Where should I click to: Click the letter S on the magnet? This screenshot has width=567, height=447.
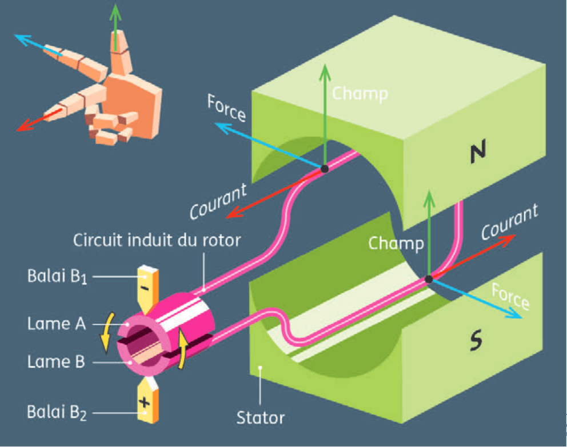(x=476, y=341)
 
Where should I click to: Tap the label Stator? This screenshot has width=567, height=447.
(x=261, y=417)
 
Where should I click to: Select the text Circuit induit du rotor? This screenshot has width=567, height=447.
(x=157, y=240)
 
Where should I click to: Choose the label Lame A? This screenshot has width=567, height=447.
(x=56, y=324)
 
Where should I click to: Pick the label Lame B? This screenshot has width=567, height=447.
(x=56, y=362)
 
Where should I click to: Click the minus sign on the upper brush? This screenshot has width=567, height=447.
(x=145, y=288)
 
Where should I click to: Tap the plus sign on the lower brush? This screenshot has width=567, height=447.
(x=144, y=402)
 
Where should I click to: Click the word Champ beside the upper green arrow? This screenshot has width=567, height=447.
(x=360, y=93)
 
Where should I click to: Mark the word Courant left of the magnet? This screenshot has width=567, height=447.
(x=218, y=201)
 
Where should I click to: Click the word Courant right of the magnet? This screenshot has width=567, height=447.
(x=509, y=222)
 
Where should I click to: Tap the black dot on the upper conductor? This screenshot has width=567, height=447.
(x=324, y=169)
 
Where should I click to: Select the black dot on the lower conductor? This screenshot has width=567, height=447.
(x=428, y=280)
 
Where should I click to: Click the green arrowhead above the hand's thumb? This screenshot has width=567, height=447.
(x=116, y=10)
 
